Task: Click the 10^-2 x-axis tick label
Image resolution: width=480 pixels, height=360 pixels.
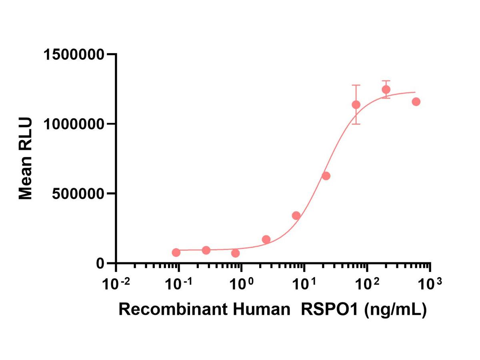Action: click(116, 284)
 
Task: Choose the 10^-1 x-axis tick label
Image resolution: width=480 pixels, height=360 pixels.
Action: click(179, 284)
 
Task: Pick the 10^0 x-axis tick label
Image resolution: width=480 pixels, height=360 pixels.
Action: click(241, 284)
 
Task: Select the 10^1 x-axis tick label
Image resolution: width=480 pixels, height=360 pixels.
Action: click(304, 284)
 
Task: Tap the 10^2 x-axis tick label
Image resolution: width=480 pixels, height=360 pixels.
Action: click(367, 284)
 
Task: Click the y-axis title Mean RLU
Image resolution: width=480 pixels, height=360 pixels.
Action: click(26, 159)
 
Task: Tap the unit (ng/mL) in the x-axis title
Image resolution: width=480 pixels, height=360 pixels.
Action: click(394, 310)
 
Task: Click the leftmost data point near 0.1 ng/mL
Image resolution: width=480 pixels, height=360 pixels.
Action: click(176, 252)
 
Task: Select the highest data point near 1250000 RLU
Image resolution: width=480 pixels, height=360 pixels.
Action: click(386, 90)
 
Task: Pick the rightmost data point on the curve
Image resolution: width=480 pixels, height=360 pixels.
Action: click(416, 102)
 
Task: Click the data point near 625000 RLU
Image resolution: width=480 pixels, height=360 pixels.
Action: click(326, 176)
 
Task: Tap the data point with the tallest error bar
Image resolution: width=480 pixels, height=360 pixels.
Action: click(356, 105)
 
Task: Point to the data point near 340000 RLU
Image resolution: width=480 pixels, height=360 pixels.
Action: click(296, 216)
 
